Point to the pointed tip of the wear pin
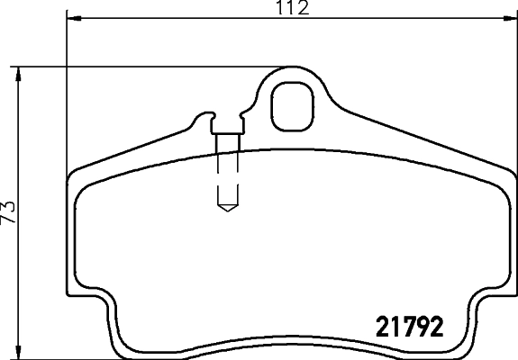(x=226, y=208)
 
